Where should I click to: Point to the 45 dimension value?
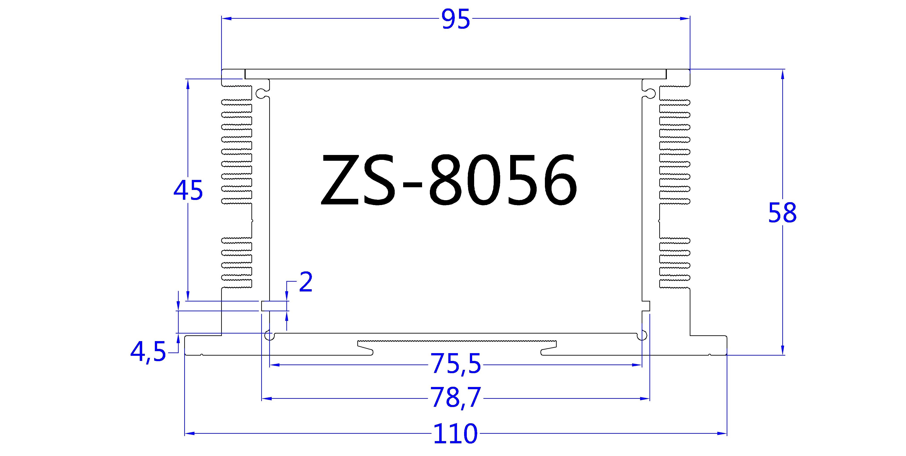188,191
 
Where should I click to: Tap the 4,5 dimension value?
148,352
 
